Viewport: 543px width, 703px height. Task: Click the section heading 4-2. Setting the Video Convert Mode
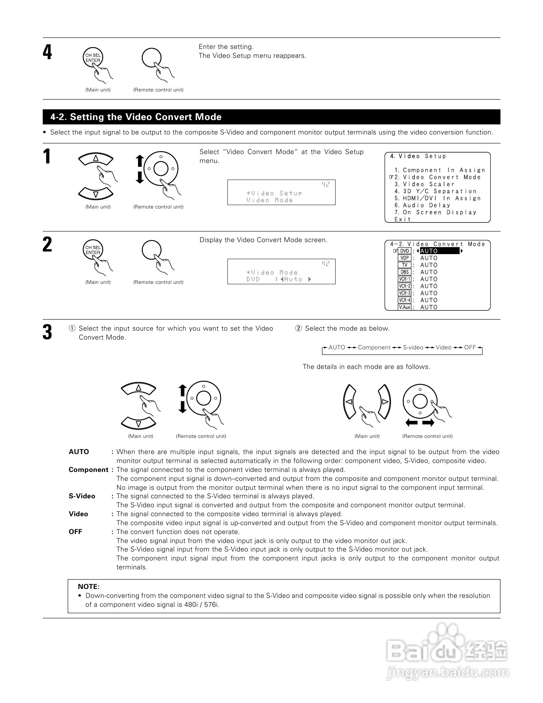(136, 117)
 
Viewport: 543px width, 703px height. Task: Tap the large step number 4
(48, 53)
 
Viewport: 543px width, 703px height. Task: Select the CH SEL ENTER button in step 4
(92, 58)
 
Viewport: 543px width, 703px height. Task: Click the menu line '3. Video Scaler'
(425, 184)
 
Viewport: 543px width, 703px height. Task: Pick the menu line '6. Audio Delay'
(422, 205)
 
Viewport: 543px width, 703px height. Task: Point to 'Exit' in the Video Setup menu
(402, 219)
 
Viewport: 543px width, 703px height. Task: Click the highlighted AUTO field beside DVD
(440, 251)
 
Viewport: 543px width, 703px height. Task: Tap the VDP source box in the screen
(405, 258)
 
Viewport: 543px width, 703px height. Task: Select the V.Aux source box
(405, 307)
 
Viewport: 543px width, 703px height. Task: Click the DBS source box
(405, 272)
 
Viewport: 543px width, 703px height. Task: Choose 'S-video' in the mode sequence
(413, 347)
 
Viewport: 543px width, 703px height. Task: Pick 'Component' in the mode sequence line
(374, 347)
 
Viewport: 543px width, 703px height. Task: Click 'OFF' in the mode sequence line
(470, 347)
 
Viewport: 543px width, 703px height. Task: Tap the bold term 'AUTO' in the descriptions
(79, 452)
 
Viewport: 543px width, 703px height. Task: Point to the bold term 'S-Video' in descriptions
(82, 496)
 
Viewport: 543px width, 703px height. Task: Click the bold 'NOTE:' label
(89, 586)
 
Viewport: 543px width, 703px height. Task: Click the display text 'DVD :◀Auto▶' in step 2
(279, 279)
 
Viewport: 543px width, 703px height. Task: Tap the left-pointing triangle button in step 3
(349, 402)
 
